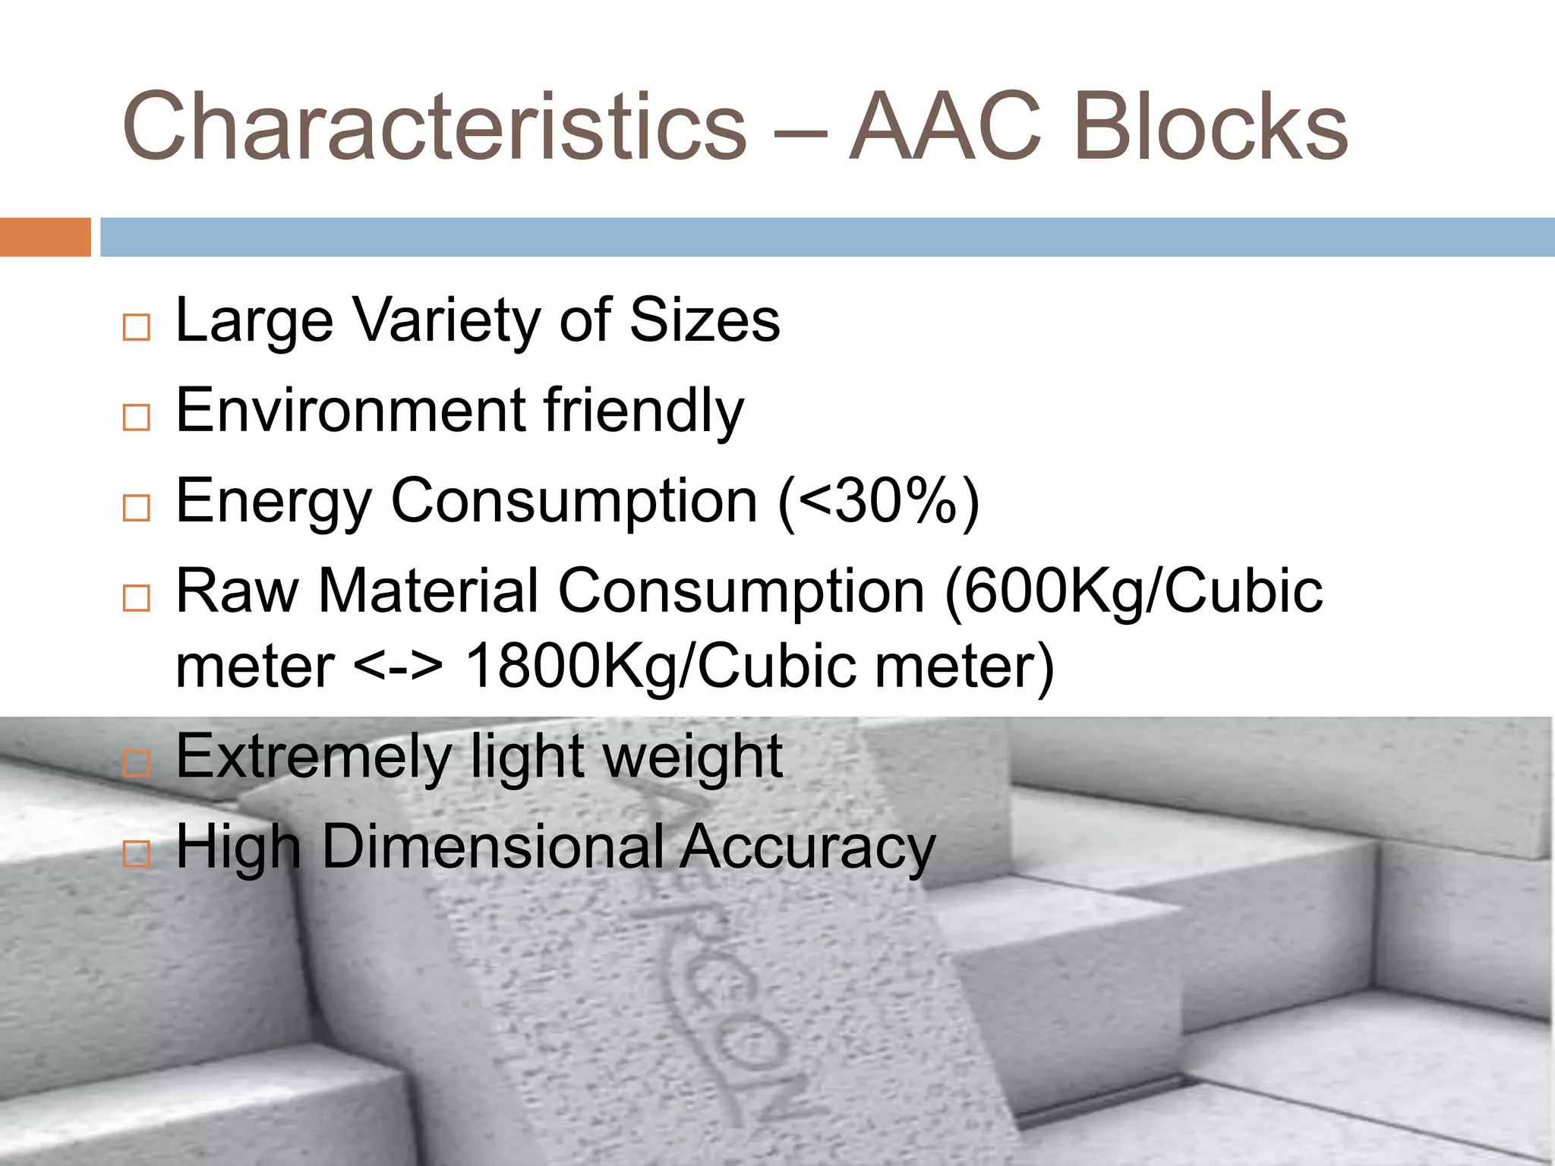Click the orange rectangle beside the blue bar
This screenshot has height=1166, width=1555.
tap(45, 237)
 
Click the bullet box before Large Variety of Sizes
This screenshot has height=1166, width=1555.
tap(137, 328)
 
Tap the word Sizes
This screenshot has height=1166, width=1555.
tap(705, 320)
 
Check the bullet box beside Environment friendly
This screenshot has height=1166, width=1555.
tap(137, 418)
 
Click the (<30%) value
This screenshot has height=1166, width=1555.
tap(878, 502)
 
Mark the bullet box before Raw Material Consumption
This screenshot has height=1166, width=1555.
tap(137, 598)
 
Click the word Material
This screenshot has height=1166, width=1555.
tap(428, 591)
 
